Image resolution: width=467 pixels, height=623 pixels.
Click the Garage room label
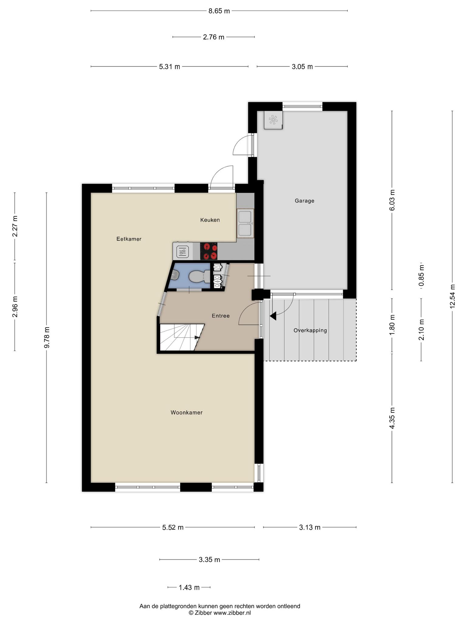304,201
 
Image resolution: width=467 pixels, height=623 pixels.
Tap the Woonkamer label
186,412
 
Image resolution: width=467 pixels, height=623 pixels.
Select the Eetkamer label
129,239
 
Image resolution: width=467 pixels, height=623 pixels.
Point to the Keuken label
210,220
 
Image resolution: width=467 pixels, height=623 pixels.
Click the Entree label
221,316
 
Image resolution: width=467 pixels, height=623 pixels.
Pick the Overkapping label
310,330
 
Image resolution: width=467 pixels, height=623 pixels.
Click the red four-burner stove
209,251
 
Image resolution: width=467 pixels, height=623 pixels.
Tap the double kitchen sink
245,223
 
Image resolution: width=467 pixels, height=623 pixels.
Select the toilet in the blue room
198,277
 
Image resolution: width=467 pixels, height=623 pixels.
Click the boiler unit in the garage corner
273,120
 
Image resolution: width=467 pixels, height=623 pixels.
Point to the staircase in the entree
181,337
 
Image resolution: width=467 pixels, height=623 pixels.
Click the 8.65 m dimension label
219,11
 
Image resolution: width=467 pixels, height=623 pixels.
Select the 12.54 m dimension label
452,296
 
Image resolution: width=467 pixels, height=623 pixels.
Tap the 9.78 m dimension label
47,338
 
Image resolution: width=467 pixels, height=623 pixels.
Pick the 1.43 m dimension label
189,587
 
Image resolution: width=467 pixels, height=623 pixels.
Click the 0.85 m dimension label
421,276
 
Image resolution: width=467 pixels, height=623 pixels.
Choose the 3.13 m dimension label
310,527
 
